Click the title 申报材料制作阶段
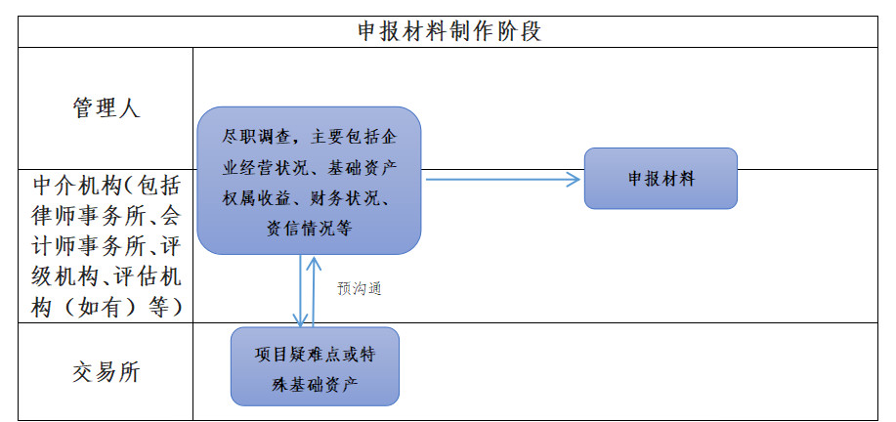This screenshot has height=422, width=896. [448, 32]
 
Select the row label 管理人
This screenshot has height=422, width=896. [106, 107]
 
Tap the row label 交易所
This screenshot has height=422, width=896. [106, 372]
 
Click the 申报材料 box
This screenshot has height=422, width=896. [661, 179]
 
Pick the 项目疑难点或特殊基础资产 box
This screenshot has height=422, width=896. [315, 366]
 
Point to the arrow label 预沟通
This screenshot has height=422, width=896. [360, 289]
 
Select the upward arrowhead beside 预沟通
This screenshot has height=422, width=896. [313, 263]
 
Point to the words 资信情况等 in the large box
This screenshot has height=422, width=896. [309, 229]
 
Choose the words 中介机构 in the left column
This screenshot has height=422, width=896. [78, 185]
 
